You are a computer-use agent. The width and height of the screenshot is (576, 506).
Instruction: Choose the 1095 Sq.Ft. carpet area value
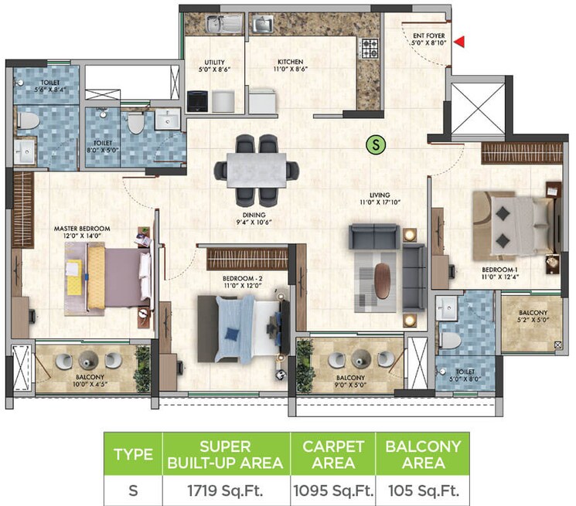coord(332,490)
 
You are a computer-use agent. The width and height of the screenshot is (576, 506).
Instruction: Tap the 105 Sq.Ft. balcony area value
coord(424,490)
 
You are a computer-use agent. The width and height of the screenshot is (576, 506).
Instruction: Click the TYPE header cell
coord(133,454)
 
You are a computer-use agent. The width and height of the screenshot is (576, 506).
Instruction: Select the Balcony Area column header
coord(424,454)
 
